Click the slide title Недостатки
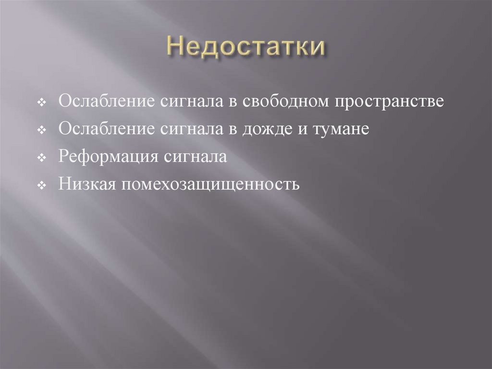click(246, 48)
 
